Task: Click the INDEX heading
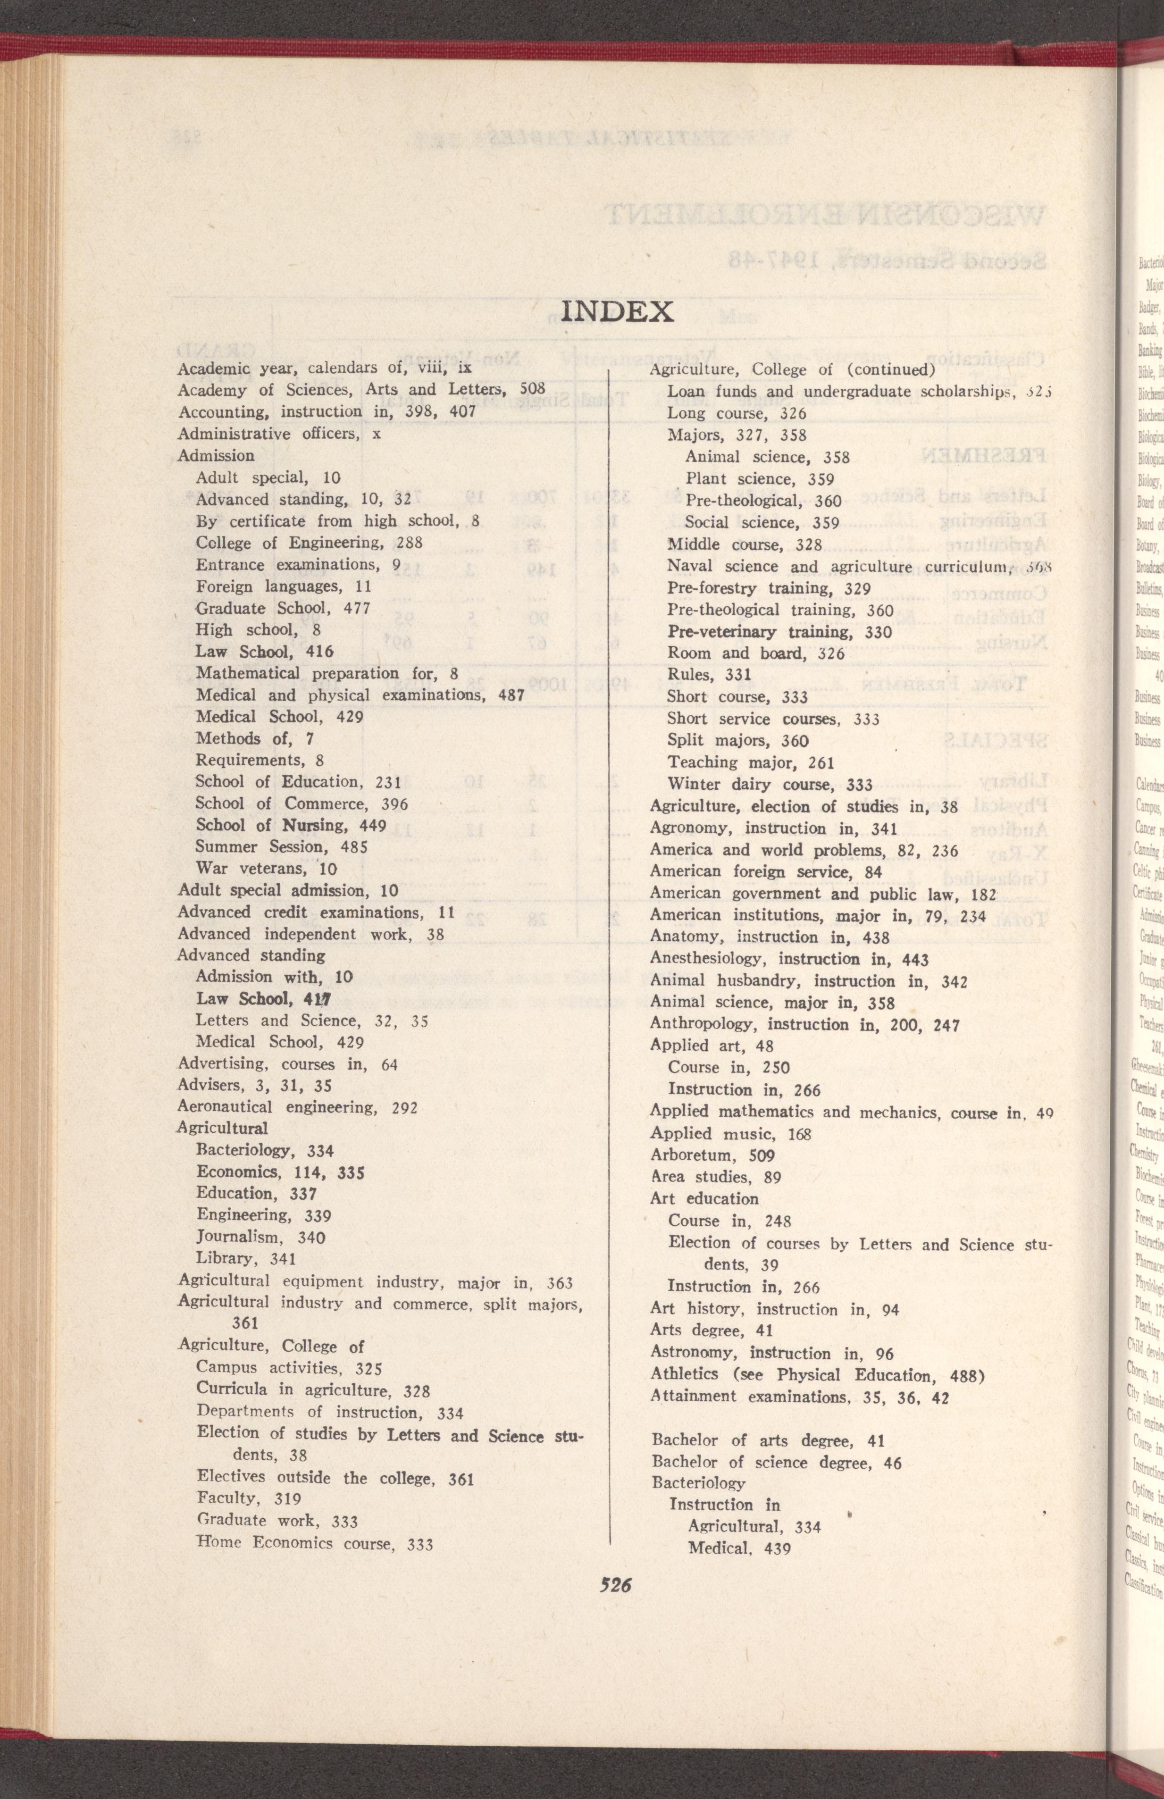[x=618, y=310]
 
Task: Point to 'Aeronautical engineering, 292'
[x=297, y=1108]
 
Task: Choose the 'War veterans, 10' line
[x=266, y=869]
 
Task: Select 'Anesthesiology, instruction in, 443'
[x=789, y=960]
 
